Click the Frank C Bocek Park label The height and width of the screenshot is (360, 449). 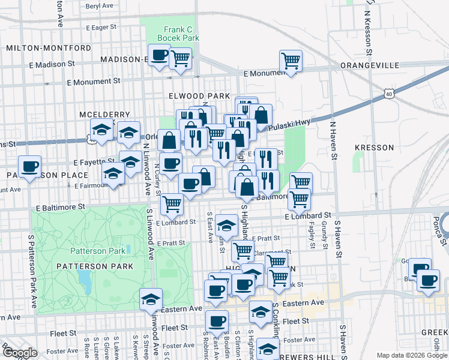(x=178, y=33)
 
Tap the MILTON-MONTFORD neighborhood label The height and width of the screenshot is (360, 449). (x=48, y=48)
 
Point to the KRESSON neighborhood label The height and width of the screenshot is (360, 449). (x=374, y=148)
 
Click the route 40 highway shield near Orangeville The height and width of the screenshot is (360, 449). (x=389, y=94)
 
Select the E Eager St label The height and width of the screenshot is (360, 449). (x=101, y=27)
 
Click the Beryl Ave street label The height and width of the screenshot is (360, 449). (x=100, y=5)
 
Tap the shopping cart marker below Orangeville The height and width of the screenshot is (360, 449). (x=291, y=61)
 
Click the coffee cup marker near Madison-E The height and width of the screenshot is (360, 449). (x=159, y=56)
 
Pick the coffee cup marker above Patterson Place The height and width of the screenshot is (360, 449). (x=29, y=166)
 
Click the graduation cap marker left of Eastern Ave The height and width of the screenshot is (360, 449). (x=151, y=299)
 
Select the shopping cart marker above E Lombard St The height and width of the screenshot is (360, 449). (x=172, y=204)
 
